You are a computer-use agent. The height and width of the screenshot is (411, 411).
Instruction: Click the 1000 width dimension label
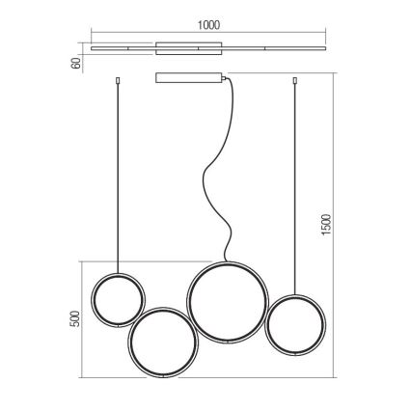click(208, 25)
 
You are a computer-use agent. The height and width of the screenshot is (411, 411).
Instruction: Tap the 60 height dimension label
click(76, 64)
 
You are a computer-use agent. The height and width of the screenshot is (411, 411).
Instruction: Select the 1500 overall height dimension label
click(326, 225)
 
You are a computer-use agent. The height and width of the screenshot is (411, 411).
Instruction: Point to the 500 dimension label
click(74, 318)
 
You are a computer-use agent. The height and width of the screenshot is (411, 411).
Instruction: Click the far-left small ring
click(92, 299)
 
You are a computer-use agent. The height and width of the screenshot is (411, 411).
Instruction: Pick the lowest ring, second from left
click(128, 342)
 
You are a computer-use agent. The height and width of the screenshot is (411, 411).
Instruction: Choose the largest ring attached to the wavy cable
click(188, 302)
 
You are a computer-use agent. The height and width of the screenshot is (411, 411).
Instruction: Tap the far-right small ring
click(265, 325)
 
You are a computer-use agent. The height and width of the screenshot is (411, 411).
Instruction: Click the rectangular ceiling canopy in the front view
click(188, 78)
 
